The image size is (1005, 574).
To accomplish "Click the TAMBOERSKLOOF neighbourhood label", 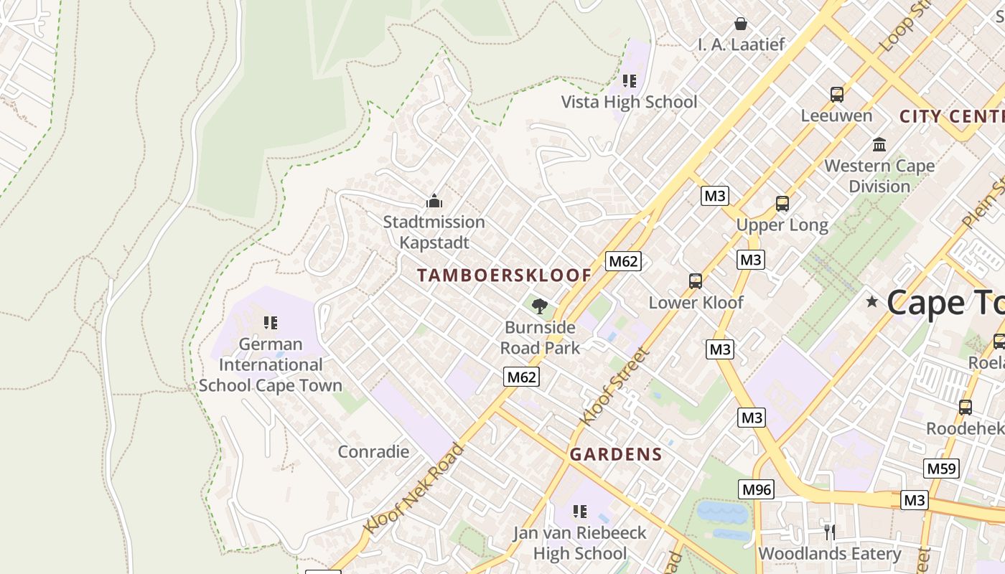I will point(505,276).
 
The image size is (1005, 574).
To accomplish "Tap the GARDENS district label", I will point(616,454).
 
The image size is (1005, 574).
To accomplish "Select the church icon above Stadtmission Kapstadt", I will point(434,201).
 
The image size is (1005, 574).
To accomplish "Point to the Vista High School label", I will point(629,102).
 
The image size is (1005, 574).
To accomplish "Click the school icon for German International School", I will point(271,323).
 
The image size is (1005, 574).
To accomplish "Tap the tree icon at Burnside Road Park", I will point(540,306).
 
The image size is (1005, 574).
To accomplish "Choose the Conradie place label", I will point(373,452).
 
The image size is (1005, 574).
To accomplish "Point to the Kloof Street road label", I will point(615,387).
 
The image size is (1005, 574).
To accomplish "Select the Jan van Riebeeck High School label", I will point(579,543).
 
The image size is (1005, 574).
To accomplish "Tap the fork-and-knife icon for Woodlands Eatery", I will point(830,532).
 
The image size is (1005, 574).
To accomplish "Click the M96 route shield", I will point(757,490).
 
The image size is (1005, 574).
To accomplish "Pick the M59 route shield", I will point(942,469).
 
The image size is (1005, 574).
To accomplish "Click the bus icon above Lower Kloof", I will point(696,281).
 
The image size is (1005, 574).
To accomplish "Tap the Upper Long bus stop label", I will point(782,225).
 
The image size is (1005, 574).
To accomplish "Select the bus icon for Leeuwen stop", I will point(837,94).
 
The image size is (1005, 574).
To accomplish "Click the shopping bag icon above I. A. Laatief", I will point(741,24).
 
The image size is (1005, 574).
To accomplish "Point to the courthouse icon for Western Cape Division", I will point(879,144).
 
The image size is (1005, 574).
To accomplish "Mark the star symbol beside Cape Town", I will point(872,302).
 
